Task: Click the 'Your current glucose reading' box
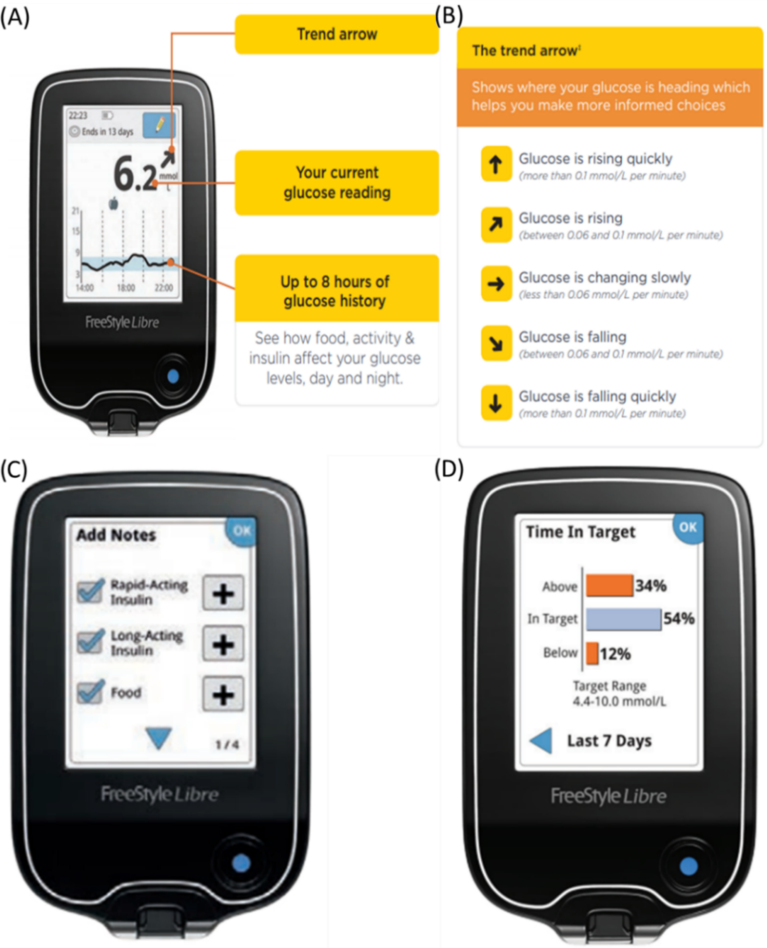pos(337,183)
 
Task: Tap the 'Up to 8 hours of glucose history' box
pos(337,288)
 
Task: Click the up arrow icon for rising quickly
pos(496,163)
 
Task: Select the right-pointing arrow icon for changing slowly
pos(496,283)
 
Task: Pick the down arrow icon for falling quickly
pos(496,403)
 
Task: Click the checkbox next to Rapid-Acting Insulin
pos(90,591)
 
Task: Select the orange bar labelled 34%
pos(609,586)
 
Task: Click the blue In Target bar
pos(623,619)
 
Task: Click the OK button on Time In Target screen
pos(688,528)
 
